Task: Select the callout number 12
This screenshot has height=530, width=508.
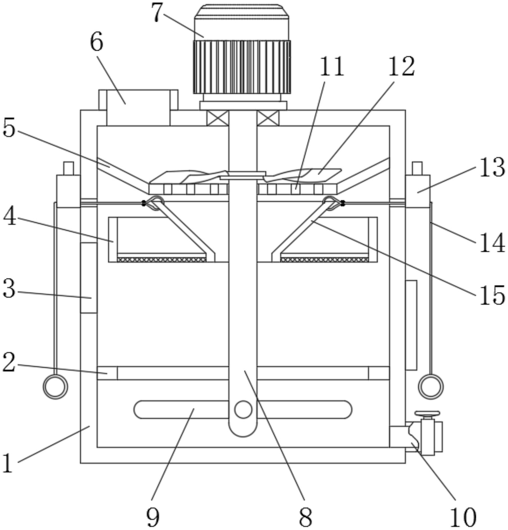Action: pyautogui.click(x=402, y=67)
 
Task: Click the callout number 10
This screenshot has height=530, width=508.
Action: pyautogui.click(x=463, y=517)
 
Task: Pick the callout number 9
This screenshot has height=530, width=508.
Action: pyautogui.click(x=153, y=517)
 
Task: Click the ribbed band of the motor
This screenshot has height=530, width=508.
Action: pyautogui.click(x=242, y=67)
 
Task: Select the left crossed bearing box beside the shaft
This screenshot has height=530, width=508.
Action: pyautogui.click(x=218, y=118)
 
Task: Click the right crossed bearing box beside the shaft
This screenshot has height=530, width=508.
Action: pyautogui.click(x=268, y=118)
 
